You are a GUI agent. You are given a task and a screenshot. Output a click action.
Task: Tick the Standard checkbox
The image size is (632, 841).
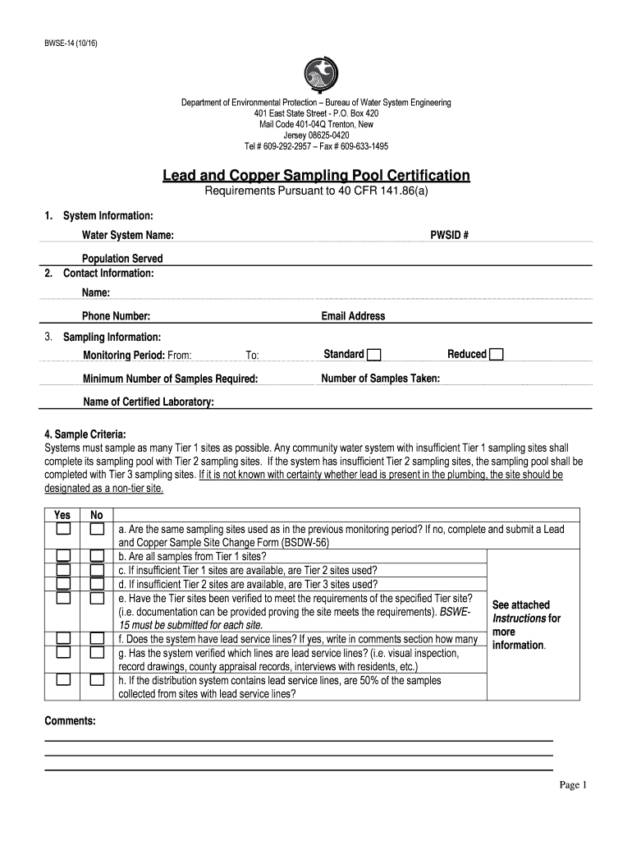click(x=373, y=355)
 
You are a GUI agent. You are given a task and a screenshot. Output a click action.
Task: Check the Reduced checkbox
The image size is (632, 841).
click(x=496, y=355)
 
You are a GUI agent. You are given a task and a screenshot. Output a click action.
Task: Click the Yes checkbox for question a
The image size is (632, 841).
click(x=63, y=530)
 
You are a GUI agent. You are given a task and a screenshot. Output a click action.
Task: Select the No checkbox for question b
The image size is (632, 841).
click(x=97, y=556)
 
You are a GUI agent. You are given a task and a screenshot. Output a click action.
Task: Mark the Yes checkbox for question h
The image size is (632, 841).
click(x=63, y=680)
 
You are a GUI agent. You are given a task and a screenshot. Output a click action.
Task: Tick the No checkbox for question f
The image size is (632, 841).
click(x=97, y=638)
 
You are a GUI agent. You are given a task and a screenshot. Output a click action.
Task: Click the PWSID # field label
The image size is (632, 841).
click(x=449, y=236)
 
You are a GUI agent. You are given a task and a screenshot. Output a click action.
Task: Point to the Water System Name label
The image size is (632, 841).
click(x=127, y=236)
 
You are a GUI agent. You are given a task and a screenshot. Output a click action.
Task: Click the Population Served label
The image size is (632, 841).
click(x=121, y=259)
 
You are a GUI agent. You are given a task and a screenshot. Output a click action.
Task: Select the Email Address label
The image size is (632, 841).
click(x=353, y=316)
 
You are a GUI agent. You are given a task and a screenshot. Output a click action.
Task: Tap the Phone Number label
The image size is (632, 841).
click(x=116, y=316)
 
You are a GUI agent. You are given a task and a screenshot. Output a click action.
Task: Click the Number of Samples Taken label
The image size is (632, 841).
click(x=380, y=379)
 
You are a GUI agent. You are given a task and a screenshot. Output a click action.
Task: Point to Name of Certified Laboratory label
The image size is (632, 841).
click(x=149, y=402)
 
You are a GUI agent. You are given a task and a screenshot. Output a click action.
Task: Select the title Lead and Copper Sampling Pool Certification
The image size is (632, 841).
click(x=316, y=175)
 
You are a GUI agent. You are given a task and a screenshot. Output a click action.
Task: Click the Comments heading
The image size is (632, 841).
click(x=70, y=720)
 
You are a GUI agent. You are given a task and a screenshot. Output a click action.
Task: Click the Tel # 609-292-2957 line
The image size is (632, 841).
click(x=316, y=146)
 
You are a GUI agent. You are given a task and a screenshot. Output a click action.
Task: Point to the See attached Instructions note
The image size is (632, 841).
click(x=526, y=625)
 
